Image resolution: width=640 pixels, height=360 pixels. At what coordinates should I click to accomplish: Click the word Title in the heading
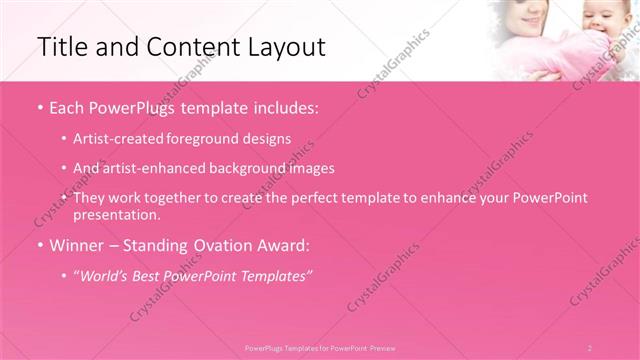point(58,46)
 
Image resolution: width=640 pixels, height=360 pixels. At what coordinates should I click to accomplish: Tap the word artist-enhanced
point(143,168)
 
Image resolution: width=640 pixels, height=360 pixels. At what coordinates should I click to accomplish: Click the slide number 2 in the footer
point(590,347)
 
